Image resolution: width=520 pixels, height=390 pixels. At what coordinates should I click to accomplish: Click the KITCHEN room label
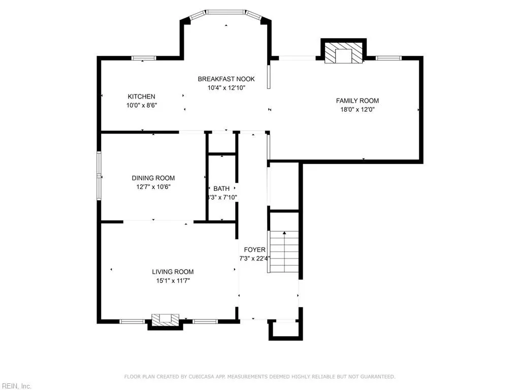coord(141,96)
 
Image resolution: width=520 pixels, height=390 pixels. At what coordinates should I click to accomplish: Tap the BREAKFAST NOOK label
coord(226,79)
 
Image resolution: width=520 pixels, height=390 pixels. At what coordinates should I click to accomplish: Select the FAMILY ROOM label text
coord(357,101)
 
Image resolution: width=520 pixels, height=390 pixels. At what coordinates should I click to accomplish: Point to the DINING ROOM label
coord(153,178)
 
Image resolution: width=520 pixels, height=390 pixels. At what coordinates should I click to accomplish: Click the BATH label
coord(221,188)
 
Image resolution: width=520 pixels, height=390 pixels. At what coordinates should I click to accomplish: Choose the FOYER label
coord(254,249)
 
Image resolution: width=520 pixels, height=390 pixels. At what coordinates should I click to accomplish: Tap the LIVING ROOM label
coord(173,272)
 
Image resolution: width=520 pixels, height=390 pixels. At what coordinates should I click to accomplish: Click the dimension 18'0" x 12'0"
coord(357,109)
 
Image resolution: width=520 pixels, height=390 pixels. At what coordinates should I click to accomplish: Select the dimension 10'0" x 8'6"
coord(141,106)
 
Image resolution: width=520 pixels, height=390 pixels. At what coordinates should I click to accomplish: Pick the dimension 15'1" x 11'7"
coord(173,280)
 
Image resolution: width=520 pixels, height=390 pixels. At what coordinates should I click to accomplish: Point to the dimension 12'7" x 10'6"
coord(153,186)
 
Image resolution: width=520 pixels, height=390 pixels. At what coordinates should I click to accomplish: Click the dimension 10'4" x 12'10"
coord(226,87)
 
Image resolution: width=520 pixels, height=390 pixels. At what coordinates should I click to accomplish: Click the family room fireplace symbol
coord(344,52)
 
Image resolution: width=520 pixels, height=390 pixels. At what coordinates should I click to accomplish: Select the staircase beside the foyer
coord(284,251)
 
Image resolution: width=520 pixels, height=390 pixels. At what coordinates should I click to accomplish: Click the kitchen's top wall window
coord(144,58)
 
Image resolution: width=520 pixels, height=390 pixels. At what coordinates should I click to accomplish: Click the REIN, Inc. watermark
coord(16,386)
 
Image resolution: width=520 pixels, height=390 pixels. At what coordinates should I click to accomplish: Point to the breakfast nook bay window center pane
coord(226,12)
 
